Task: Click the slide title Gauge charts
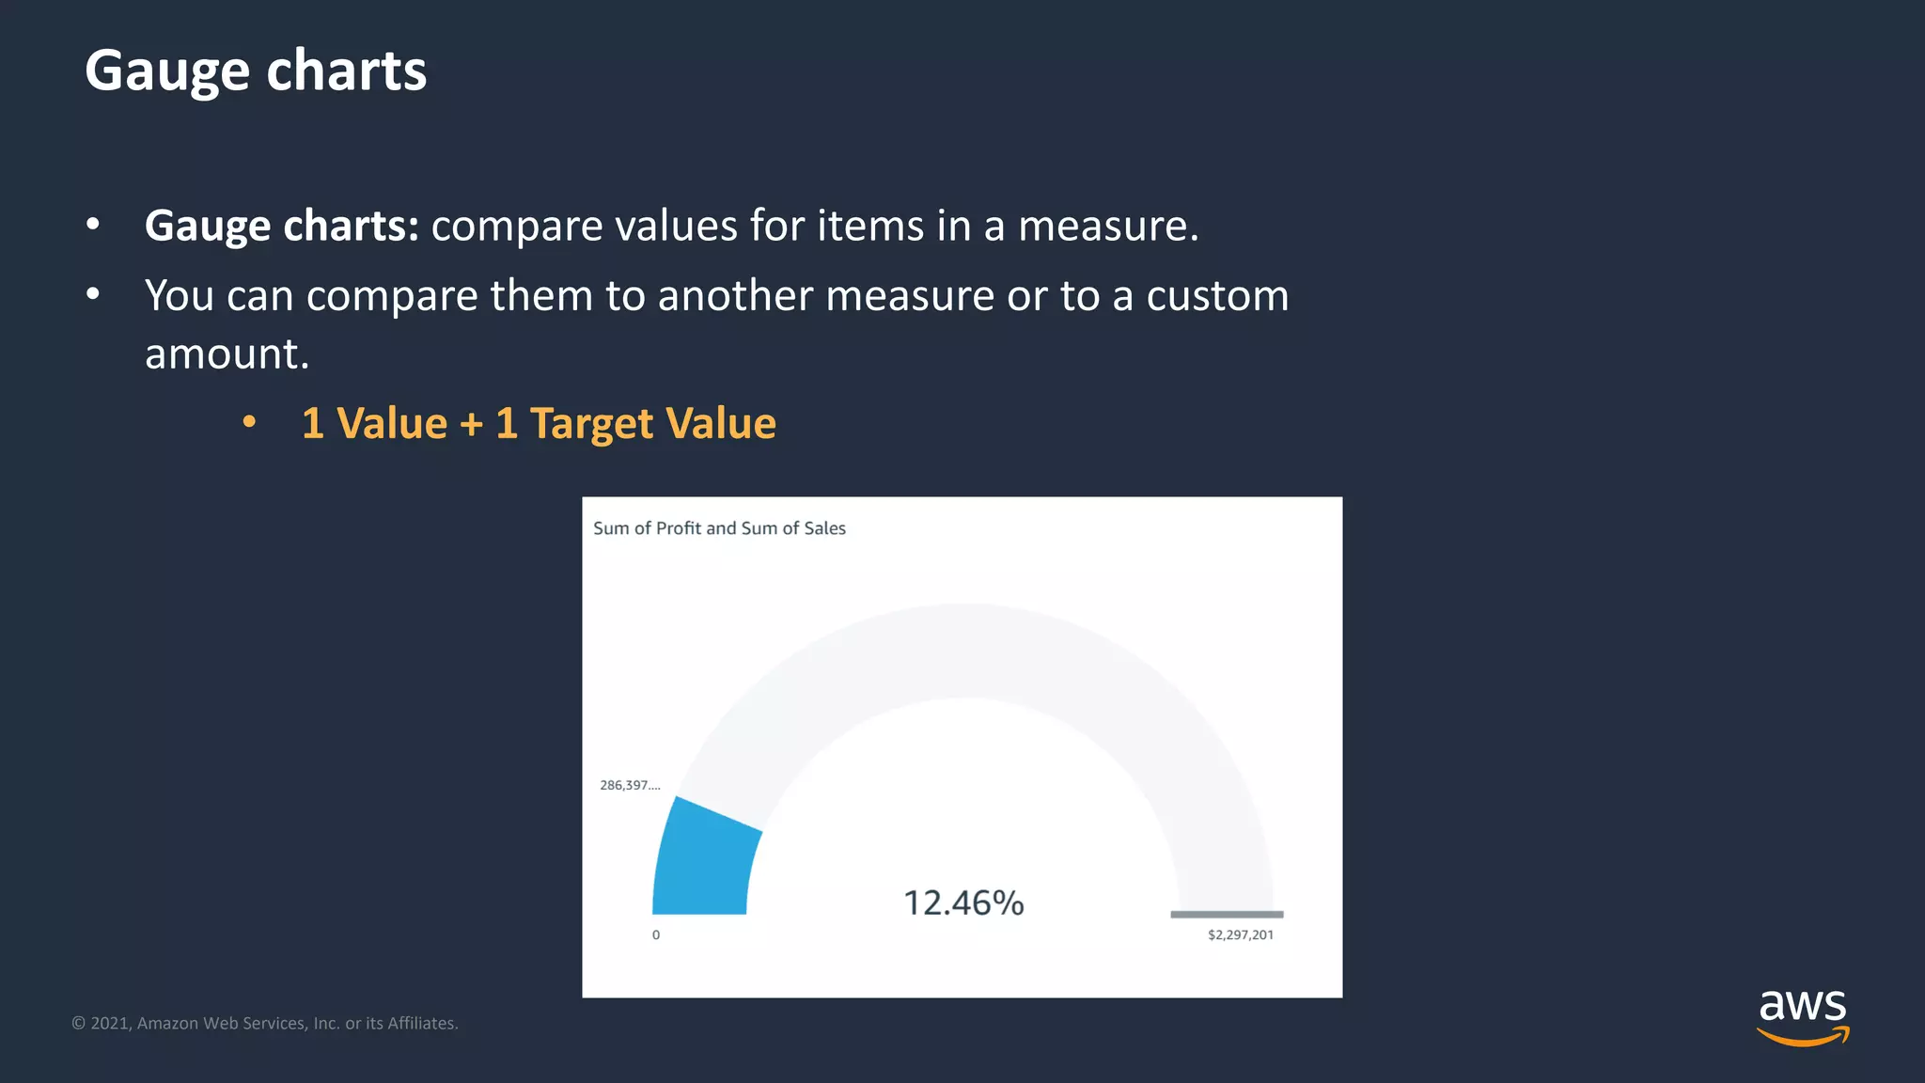(x=256, y=71)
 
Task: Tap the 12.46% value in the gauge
(x=963, y=902)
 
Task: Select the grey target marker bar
(x=1227, y=914)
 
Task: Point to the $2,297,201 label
(x=1240, y=934)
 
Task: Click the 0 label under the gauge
(x=656, y=934)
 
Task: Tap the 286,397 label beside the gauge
(x=630, y=785)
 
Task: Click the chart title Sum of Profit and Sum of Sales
(x=719, y=528)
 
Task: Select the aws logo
(x=1802, y=1015)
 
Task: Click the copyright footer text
(x=265, y=1023)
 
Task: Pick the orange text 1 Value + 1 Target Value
(x=539, y=423)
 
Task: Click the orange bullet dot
(x=249, y=422)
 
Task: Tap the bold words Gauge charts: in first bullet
(x=281, y=226)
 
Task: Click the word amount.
(x=227, y=354)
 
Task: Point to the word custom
(x=1217, y=296)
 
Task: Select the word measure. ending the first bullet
(x=1108, y=226)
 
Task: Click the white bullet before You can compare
(x=92, y=294)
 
